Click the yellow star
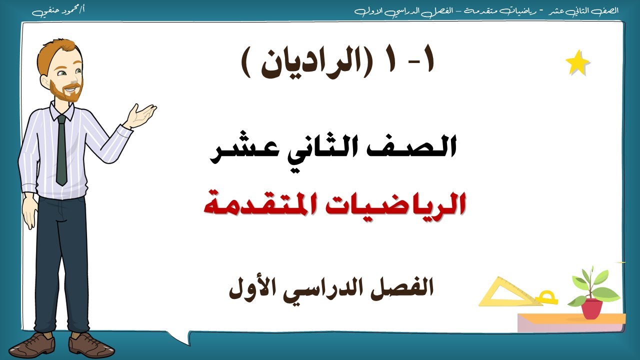click(x=577, y=63)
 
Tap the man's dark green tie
click(x=61, y=150)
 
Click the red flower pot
click(x=591, y=308)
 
